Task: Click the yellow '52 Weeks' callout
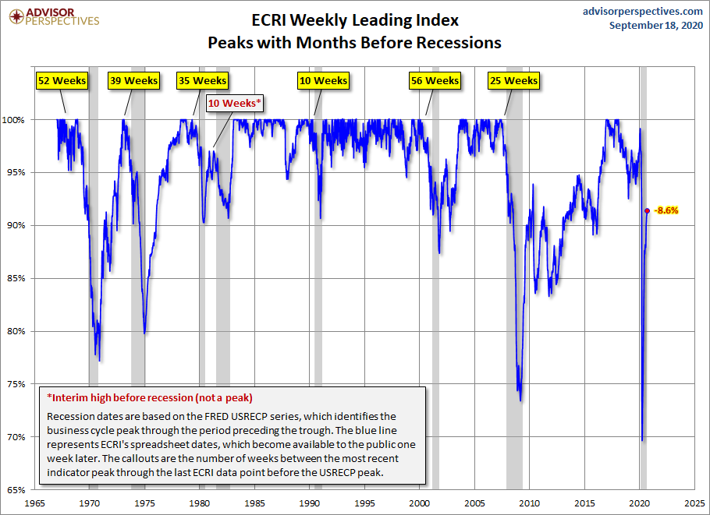pos(62,80)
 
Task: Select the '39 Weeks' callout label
pos(133,80)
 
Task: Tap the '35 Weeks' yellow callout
pos(202,80)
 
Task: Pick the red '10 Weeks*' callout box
pos(234,103)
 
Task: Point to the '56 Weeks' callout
pos(435,80)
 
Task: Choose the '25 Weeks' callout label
pos(513,80)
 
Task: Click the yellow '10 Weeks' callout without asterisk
pos(323,80)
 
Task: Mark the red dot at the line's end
pos(647,210)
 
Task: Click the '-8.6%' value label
pos(667,210)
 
